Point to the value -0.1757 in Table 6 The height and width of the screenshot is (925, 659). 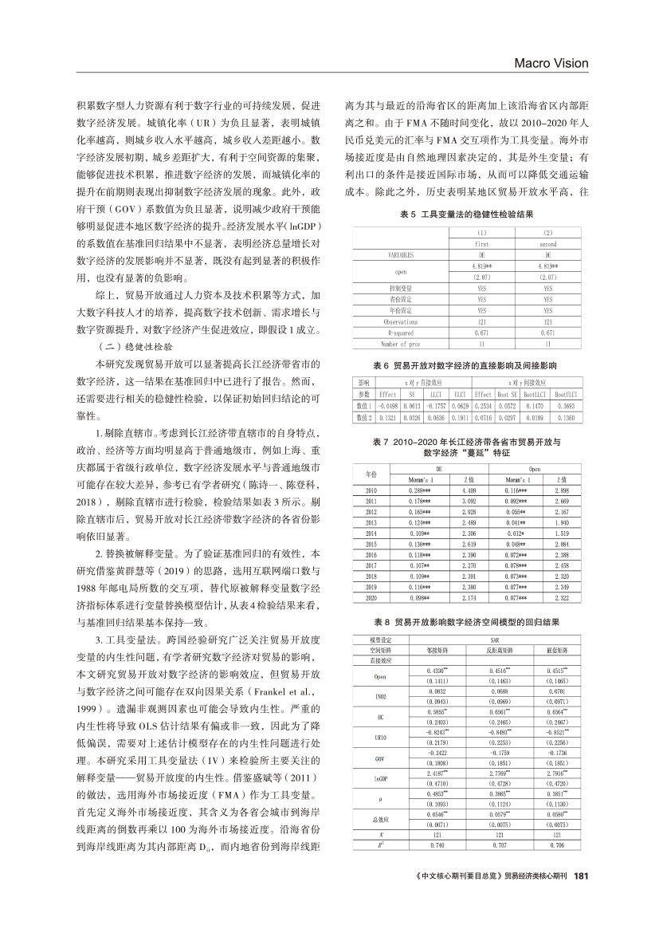click(434, 405)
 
